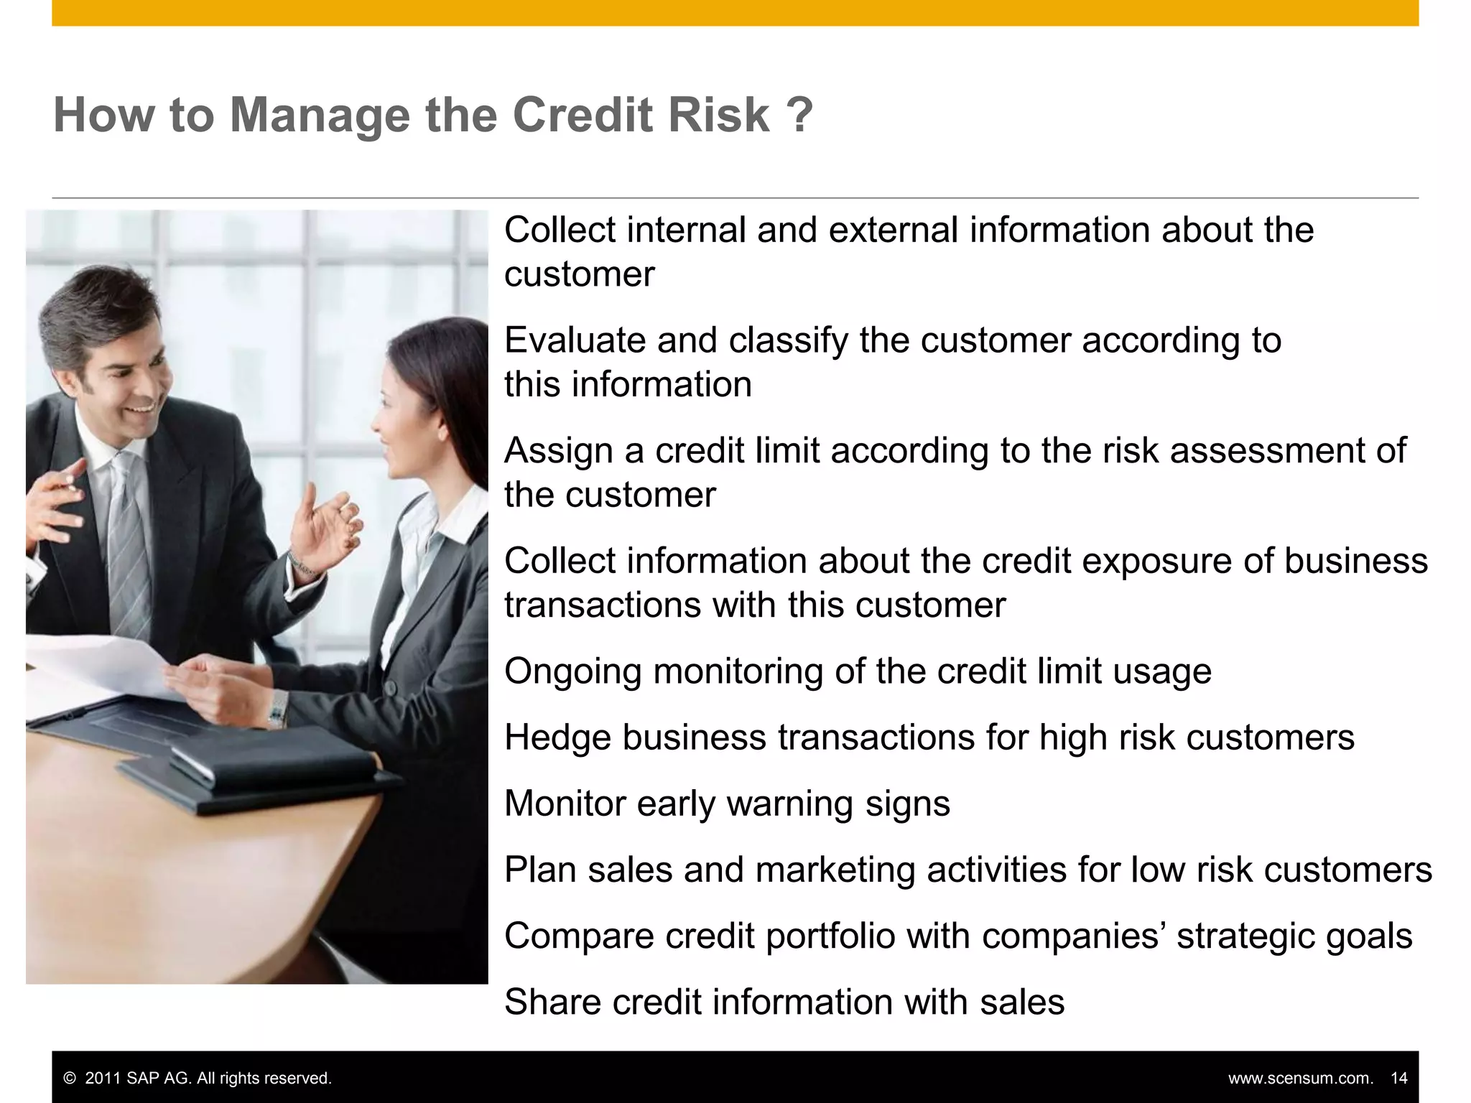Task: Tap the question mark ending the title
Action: [x=799, y=115]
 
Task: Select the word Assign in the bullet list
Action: [x=558, y=451]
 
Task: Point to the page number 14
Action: [x=1398, y=1079]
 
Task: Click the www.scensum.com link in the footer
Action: [x=1300, y=1079]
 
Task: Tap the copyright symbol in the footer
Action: [x=70, y=1079]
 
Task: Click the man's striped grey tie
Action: [x=129, y=531]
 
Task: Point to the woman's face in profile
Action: [x=395, y=424]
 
